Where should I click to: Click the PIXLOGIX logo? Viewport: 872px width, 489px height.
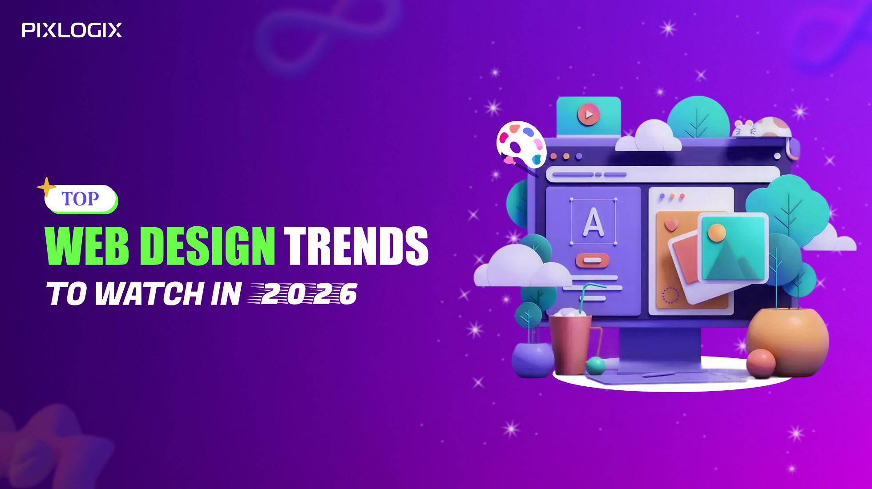point(72,30)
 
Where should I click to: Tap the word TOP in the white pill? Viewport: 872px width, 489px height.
point(80,199)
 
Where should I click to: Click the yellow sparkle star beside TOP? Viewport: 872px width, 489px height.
point(46,187)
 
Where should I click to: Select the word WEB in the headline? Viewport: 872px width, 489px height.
point(87,245)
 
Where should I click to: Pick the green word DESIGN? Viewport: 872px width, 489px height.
point(208,245)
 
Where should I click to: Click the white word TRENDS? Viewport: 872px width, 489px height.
point(356,245)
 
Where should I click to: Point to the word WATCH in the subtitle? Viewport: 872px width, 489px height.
point(149,294)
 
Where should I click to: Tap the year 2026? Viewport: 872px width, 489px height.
point(307,294)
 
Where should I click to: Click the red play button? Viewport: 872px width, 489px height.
point(588,115)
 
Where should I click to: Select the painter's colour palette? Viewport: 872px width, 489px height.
point(521,144)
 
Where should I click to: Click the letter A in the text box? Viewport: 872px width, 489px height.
point(593,222)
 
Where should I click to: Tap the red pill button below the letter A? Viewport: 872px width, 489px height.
point(592,260)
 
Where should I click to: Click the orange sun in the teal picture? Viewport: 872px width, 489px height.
point(717,232)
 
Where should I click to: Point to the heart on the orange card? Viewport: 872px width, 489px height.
point(671,225)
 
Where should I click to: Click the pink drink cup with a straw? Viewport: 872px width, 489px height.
point(571,342)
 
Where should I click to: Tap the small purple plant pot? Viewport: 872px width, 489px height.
point(533,360)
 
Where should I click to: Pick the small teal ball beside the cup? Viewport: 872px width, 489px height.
point(596,365)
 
